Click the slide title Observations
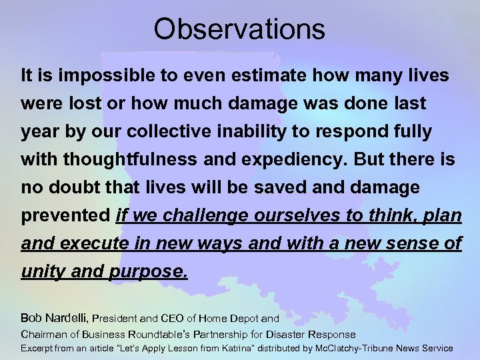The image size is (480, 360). [239, 29]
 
